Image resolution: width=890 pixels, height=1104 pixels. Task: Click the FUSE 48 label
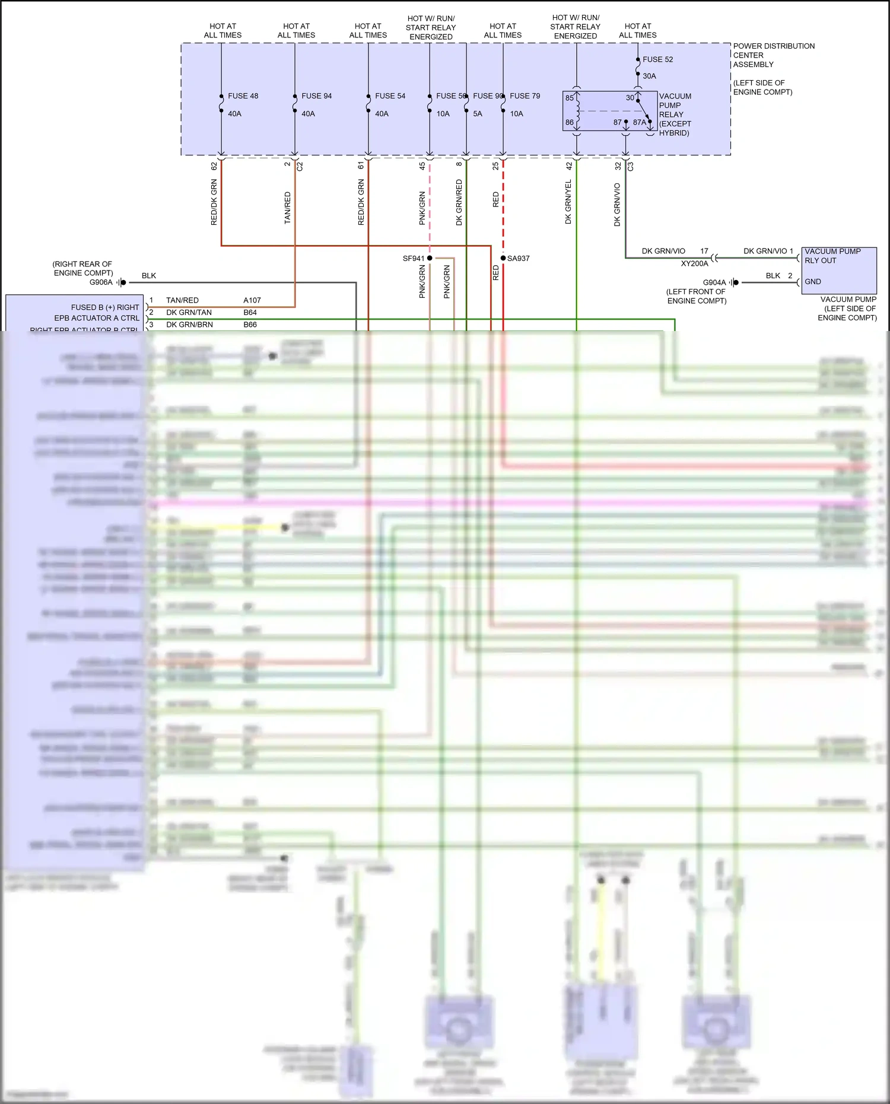click(243, 96)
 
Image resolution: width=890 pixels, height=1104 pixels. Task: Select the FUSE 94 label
click(316, 96)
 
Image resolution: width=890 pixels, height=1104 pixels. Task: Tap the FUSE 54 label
click(390, 96)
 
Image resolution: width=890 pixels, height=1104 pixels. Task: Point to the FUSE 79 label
click(525, 96)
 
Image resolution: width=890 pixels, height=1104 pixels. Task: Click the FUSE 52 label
click(657, 59)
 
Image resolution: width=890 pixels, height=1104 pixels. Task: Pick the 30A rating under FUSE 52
click(649, 76)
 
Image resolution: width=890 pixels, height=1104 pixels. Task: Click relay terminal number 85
click(570, 98)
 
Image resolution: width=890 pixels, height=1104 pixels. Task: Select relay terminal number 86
click(570, 123)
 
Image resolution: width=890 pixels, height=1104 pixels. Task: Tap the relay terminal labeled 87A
click(639, 123)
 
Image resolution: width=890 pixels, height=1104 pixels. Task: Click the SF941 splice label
click(414, 259)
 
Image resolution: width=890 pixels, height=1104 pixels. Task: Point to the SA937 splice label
click(518, 259)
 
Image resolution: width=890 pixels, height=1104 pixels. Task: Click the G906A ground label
click(101, 282)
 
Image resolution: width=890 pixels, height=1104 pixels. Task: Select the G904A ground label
click(714, 282)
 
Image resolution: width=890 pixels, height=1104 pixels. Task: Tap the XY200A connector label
click(694, 263)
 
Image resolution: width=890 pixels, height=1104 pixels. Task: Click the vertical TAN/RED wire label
click(288, 208)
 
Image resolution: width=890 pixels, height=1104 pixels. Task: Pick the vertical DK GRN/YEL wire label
click(568, 202)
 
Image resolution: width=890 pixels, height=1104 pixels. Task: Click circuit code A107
click(252, 300)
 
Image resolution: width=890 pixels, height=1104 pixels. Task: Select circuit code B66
click(250, 324)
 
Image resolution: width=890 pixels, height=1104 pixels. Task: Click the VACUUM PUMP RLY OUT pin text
click(832, 256)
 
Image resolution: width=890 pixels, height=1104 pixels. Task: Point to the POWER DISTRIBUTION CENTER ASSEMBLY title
click(773, 55)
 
